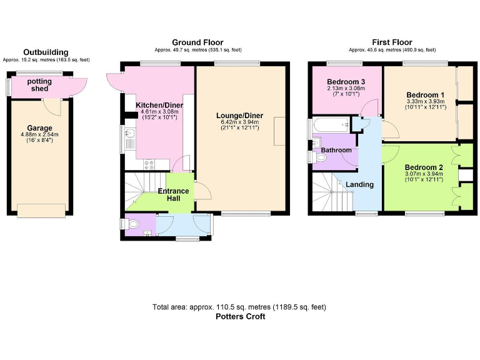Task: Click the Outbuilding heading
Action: coord(46,52)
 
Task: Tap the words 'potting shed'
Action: coord(40,85)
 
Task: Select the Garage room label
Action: coord(40,127)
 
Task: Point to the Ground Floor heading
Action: coord(197,42)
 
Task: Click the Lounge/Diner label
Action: coord(239,116)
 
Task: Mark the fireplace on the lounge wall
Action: coord(279,131)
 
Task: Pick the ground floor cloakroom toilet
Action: coord(134,224)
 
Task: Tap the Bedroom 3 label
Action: coord(346,82)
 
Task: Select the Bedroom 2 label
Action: coord(423,167)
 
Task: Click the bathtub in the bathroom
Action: coord(329,124)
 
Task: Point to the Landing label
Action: coord(360,184)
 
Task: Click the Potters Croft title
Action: coord(239,316)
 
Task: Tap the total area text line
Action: coord(239,307)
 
